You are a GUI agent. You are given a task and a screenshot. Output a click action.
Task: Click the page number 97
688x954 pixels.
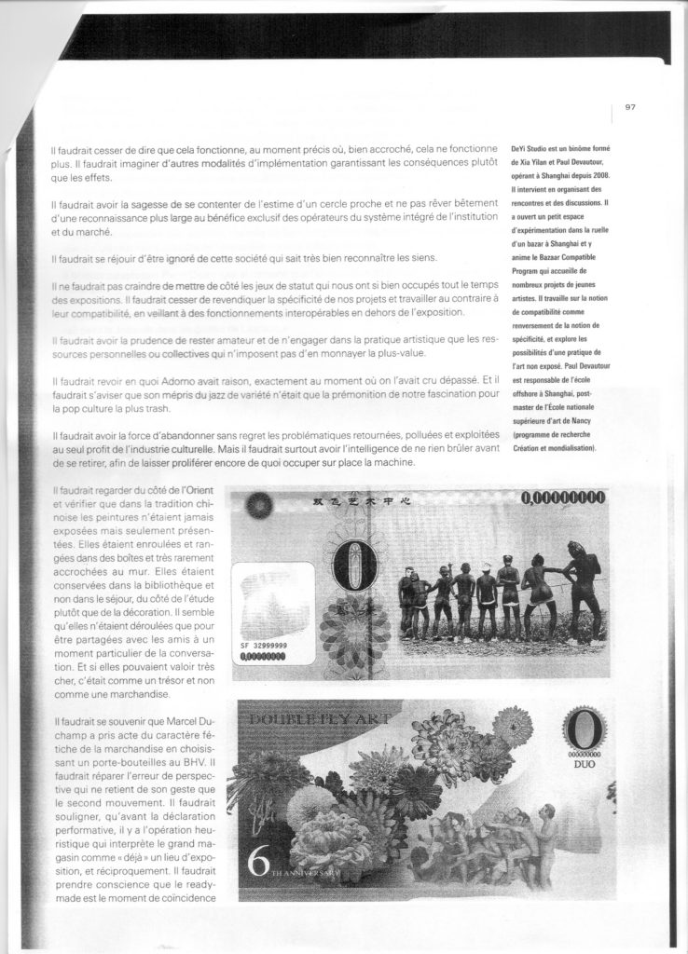(630, 106)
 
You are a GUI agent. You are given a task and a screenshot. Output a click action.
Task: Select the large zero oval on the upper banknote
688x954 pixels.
(347, 573)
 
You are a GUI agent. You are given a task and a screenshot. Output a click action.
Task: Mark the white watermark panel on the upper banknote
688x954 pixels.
(272, 594)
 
